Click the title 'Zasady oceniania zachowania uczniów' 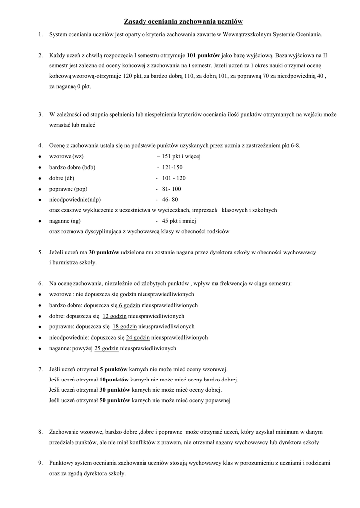(x=183, y=22)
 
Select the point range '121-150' (x=172, y=167)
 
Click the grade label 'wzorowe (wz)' (x=66, y=156)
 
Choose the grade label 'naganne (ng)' (x=65, y=221)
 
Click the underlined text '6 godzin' (x=130, y=305)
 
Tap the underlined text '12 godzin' (x=115, y=316)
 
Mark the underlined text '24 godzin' (x=138, y=337)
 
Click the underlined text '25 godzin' (x=106, y=348)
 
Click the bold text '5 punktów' (x=114, y=369)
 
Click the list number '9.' (x=40, y=463)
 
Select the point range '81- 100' (x=171, y=189)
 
